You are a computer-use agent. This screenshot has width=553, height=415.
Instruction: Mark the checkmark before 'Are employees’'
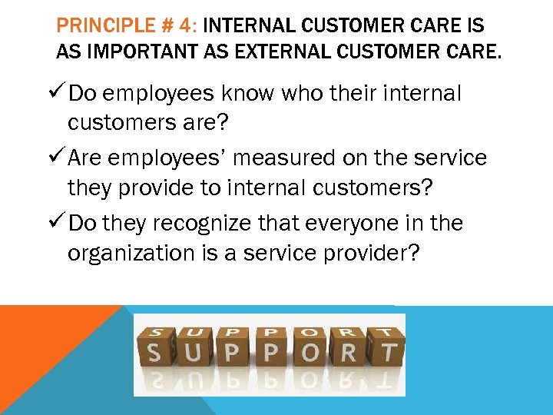pyautogui.click(x=60, y=158)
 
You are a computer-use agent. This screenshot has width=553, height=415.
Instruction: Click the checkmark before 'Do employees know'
pyautogui.click(x=60, y=94)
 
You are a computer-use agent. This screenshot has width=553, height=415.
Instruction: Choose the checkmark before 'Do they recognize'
pyautogui.click(x=60, y=223)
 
